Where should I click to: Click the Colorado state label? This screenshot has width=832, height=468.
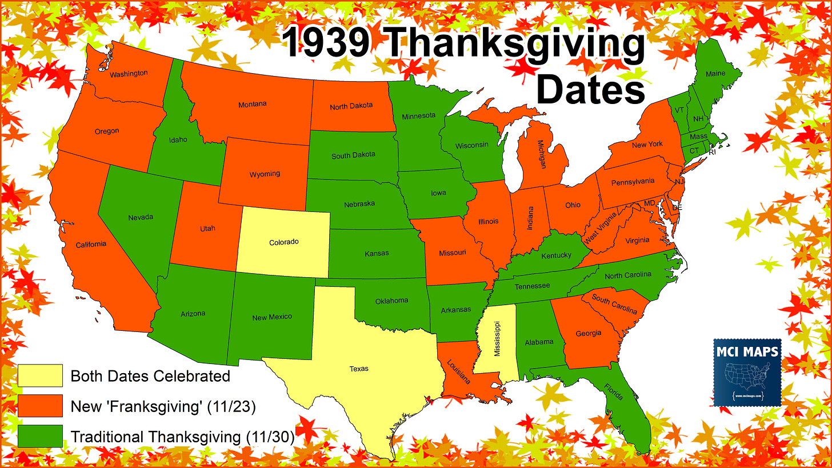click(284, 242)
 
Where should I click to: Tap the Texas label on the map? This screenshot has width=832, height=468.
click(359, 369)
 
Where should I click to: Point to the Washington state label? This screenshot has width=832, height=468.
click(129, 74)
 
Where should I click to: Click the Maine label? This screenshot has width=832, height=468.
click(715, 74)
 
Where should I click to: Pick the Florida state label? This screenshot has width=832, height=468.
click(614, 391)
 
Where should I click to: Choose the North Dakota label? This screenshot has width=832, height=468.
click(351, 106)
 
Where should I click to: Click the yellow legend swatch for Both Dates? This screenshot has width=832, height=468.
click(40, 376)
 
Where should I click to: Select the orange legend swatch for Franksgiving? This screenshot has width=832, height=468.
click(40, 406)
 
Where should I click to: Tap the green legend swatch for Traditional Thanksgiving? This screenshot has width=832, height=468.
click(40, 437)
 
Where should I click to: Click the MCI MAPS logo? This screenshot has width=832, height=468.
click(747, 373)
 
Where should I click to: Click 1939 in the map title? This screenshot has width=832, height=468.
click(326, 43)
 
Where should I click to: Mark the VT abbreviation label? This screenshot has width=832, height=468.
click(679, 110)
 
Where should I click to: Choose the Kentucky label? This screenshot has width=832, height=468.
click(555, 255)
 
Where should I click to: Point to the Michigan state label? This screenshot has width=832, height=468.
click(541, 155)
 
